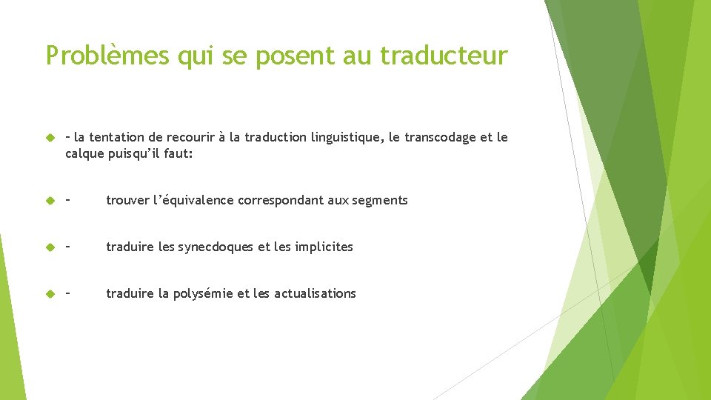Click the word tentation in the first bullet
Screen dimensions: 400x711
click(117, 138)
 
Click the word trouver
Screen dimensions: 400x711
click(127, 200)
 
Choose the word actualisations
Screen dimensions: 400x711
click(315, 293)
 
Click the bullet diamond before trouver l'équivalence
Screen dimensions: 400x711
click(50, 201)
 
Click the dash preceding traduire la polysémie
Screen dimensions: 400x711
click(69, 293)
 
